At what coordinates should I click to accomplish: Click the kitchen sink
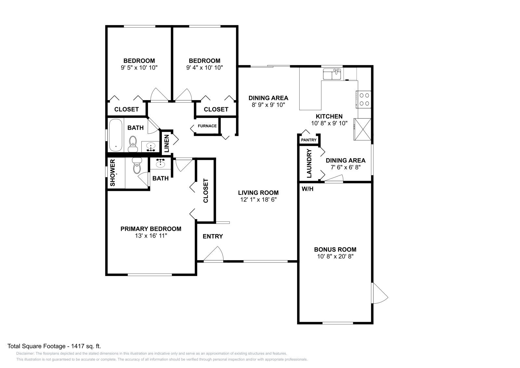coord(332,74)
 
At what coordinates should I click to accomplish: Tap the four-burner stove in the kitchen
coord(364,99)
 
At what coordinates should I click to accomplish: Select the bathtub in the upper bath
coord(116,135)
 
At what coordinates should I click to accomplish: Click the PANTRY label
coord(309,140)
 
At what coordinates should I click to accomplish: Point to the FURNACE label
coord(207,126)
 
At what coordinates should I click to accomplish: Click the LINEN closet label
coord(167,144)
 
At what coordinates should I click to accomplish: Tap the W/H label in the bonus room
coord(307,189)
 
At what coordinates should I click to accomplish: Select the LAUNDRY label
coord(309,164)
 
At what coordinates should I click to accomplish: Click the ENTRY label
coord(213,236)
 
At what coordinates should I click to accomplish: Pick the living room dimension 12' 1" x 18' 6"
coord(258,199)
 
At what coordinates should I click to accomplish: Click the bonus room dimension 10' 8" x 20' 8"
coord(335,256)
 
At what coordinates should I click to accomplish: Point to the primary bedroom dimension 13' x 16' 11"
coord(151,236)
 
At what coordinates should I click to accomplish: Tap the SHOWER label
coord(112,173)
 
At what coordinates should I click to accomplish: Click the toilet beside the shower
coord(137,165)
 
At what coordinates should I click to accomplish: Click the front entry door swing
coord(214,254)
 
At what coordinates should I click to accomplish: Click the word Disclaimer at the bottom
coord(25,353)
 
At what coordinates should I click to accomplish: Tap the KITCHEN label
coord(329,116)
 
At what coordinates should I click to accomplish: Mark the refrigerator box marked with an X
coord(362,129)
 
